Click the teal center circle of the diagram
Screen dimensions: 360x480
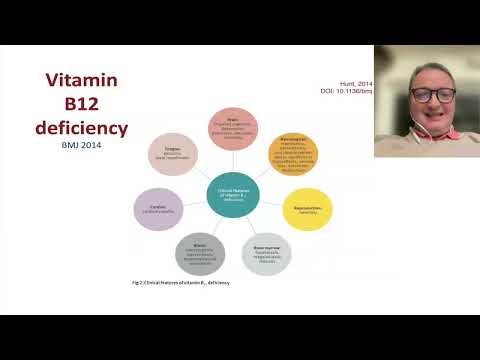coord(233,193)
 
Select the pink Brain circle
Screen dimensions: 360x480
coord(234,128)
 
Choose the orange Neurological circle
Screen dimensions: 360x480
coord(293,152)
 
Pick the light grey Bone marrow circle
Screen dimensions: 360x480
coord(266,255)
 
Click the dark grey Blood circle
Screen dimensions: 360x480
coord(201,255)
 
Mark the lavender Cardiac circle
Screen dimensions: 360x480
coord(158,208)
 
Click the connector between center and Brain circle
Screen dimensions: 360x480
coord(234,160)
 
